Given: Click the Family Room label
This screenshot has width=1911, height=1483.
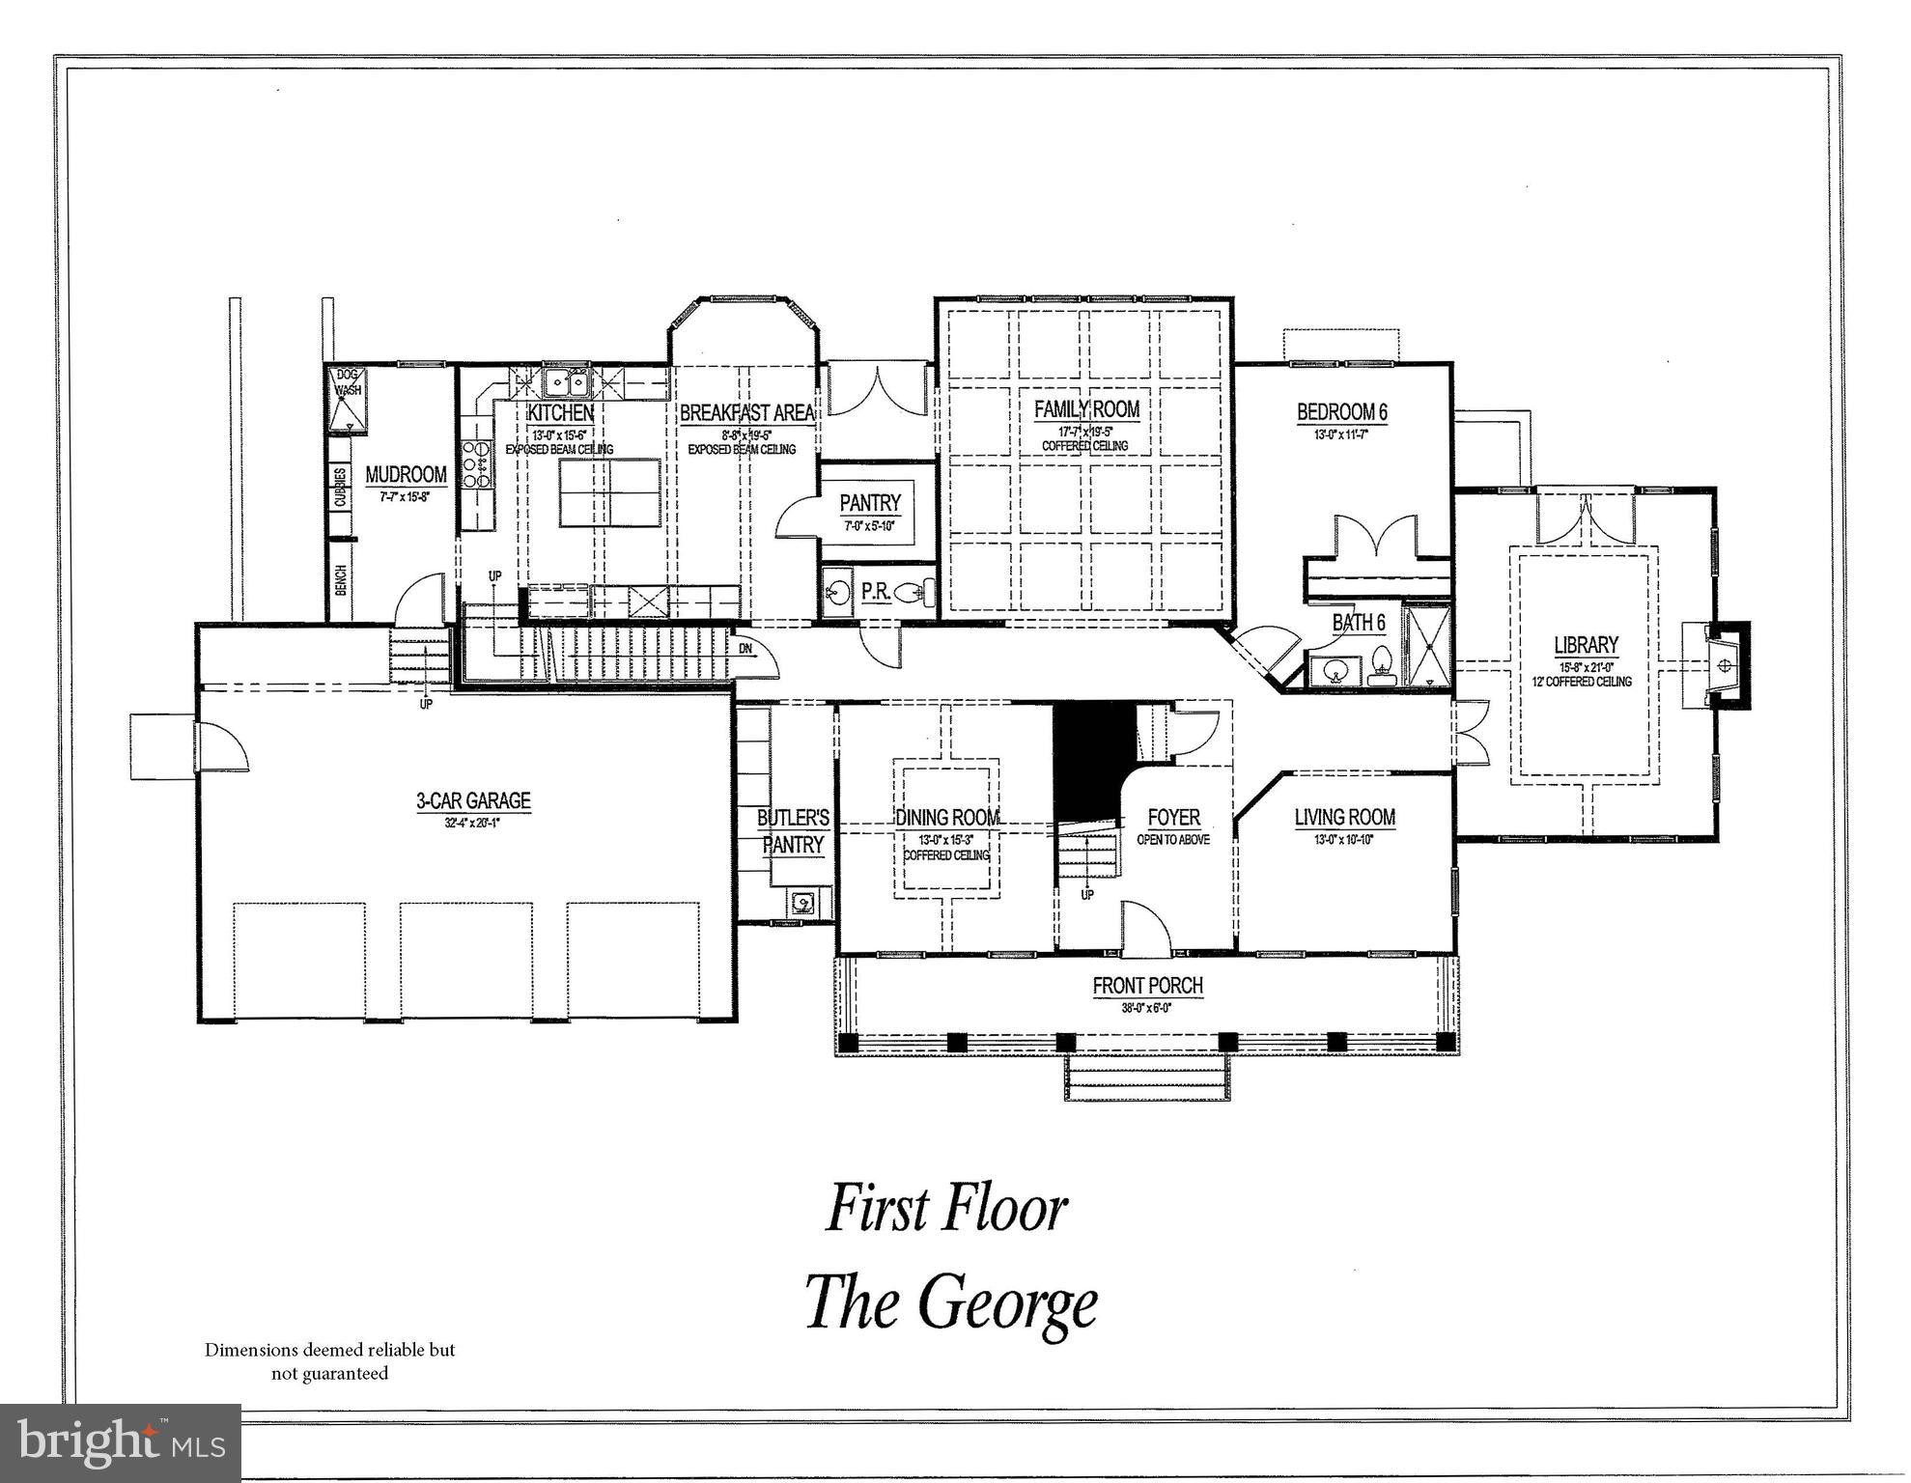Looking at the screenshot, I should pos(1086,409).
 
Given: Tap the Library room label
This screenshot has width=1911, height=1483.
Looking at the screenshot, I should pos(1586,645).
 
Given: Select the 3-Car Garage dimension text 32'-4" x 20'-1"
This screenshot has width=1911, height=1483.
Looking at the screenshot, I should pos(473,824).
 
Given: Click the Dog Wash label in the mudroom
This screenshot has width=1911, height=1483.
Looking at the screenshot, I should pos(349,383).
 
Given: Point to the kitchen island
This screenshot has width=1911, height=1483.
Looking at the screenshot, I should pos(609,492).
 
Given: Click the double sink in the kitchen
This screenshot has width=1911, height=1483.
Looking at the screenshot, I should pos(566,383).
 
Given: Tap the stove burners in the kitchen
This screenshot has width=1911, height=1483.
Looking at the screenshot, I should pos(475,464).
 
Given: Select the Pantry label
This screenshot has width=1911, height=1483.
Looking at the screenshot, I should pos(869,503).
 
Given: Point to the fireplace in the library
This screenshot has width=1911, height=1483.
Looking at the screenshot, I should pos(1725,665).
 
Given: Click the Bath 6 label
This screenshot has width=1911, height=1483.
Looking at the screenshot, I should pos(1359,623).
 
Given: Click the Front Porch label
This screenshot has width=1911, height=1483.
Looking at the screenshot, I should pos(1147,986).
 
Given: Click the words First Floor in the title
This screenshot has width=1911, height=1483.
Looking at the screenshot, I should pos(946,1209).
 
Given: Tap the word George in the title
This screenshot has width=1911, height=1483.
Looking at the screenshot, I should pos(1006,1303).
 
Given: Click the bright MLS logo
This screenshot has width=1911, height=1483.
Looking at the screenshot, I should pos(121,1442).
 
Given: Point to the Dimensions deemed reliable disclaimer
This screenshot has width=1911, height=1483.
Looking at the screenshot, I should pos(329,1361).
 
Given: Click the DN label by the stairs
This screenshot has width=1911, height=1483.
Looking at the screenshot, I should pos(745,649).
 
